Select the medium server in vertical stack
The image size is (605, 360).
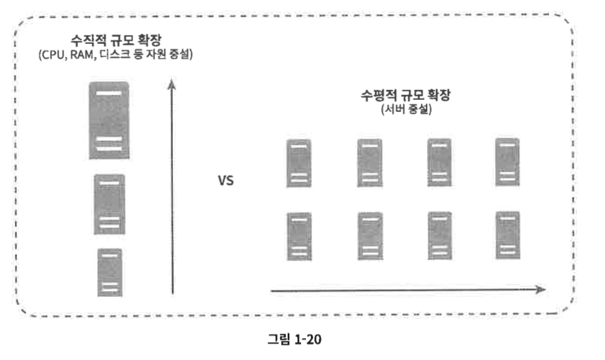point(109,204)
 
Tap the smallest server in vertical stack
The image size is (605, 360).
point(109,271)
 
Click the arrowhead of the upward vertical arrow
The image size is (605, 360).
point(171,84)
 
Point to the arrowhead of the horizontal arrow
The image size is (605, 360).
point(541,289)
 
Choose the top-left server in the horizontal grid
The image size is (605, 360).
point(298,163)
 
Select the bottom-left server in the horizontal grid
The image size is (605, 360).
point(298,237)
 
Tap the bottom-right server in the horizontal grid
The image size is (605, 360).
point(507,236)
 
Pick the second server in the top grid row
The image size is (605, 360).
point(368,163)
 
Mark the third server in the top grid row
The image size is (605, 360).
point(439,162)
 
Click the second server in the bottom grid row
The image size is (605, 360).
point(368,237)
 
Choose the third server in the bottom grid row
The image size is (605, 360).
point(439,236)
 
